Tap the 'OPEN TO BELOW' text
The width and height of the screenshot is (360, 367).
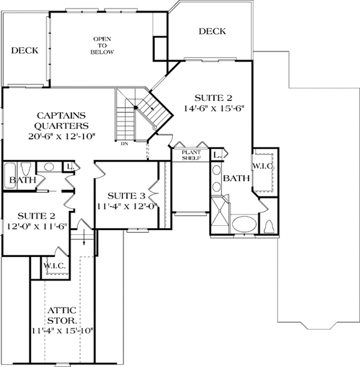102,46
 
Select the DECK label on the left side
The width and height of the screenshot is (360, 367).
25,51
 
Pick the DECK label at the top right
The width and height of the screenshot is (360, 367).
212,31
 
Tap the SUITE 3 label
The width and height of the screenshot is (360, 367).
125,196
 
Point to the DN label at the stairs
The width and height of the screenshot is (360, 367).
124,144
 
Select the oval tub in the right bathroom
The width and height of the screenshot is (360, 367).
244,225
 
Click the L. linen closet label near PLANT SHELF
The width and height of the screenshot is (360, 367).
217,155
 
